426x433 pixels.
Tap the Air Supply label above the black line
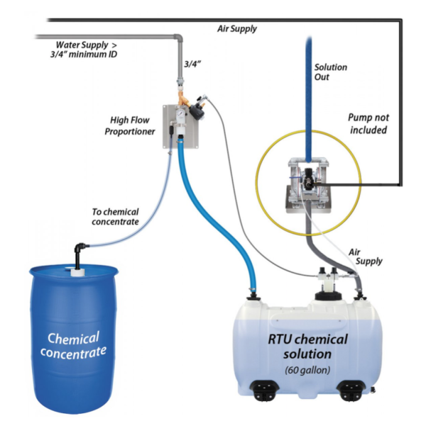(x=236, y=29)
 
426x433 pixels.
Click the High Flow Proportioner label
(x=132, y=125)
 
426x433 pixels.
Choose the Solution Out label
(x=330, y=72)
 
